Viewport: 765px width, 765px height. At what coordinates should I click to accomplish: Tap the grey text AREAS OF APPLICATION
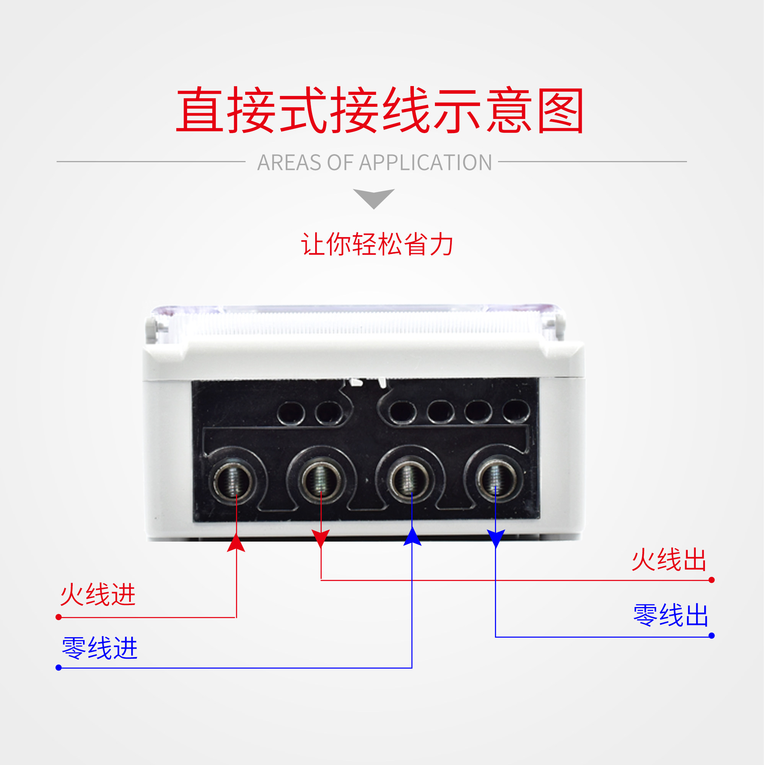(x=374, y=162)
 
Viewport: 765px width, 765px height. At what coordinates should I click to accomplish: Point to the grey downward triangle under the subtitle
(x=374, y=198)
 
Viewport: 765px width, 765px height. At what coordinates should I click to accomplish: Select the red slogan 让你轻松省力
(x=378, y=244)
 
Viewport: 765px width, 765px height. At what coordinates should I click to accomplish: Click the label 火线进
(x=98, y=595)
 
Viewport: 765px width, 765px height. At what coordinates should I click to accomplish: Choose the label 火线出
(x=669, y=560)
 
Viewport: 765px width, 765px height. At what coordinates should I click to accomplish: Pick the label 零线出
(x=671, y=616)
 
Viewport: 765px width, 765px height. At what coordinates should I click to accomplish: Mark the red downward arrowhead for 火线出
(x=321, y=539)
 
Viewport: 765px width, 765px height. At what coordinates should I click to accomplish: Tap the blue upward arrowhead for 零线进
(x=412, y=537)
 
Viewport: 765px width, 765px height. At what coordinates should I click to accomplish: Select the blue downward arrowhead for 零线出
(x=496, y=539)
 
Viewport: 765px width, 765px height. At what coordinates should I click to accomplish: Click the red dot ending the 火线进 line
(x=59, y=617)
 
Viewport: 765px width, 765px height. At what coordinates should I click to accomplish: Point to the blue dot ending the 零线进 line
(x=59, y=668)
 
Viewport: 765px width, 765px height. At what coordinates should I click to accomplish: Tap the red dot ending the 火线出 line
(x=711, y=580)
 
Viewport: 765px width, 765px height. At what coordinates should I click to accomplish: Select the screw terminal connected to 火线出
(x=321, y=480)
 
